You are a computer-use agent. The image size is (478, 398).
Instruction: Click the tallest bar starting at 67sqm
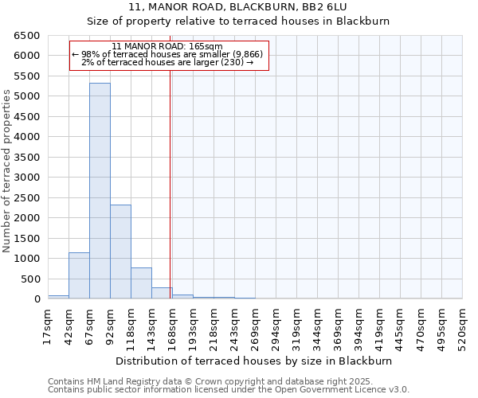tap(100, 191)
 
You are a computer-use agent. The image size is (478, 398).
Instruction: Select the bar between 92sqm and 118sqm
tap(120, 252)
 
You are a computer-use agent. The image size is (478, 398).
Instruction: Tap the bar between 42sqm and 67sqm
tap(79, 275)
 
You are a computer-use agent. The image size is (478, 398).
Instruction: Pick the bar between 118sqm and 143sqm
tap(141, 283)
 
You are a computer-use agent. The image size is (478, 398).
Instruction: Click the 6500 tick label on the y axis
tap(26, 36)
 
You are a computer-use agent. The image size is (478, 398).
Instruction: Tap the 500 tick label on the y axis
tap(29, 279)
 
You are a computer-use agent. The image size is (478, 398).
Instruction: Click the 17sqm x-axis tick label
tap(48, 326)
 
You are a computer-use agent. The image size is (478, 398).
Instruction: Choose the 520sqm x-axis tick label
tap(463, 326)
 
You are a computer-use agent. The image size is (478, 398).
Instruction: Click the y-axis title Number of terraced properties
tap(7, 171)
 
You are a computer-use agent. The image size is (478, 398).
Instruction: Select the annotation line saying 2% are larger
tap(167, 62)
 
